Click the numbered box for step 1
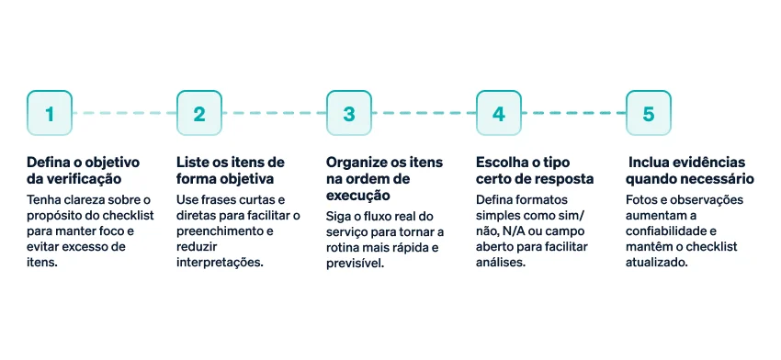pos(50,113)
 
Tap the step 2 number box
pos(199,113)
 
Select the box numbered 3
pos(349,113)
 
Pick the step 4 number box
pos(499,113)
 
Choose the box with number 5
pos(649,113)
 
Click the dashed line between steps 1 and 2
pos(124,113)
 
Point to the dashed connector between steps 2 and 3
pos(274,113)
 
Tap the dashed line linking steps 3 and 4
pos(424,113)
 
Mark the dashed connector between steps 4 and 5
pos(573,113)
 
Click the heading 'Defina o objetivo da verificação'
pos(83,170)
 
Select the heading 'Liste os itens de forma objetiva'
pos(230,170)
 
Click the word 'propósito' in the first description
pos(53,216)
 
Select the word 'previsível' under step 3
pos(354,264)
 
